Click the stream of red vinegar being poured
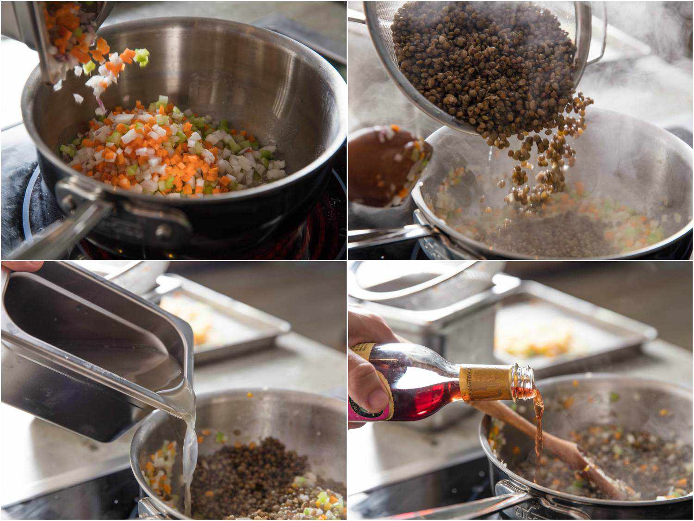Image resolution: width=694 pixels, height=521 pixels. pos(538,431)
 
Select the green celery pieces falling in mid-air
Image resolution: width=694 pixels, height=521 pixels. pos(142,57)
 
